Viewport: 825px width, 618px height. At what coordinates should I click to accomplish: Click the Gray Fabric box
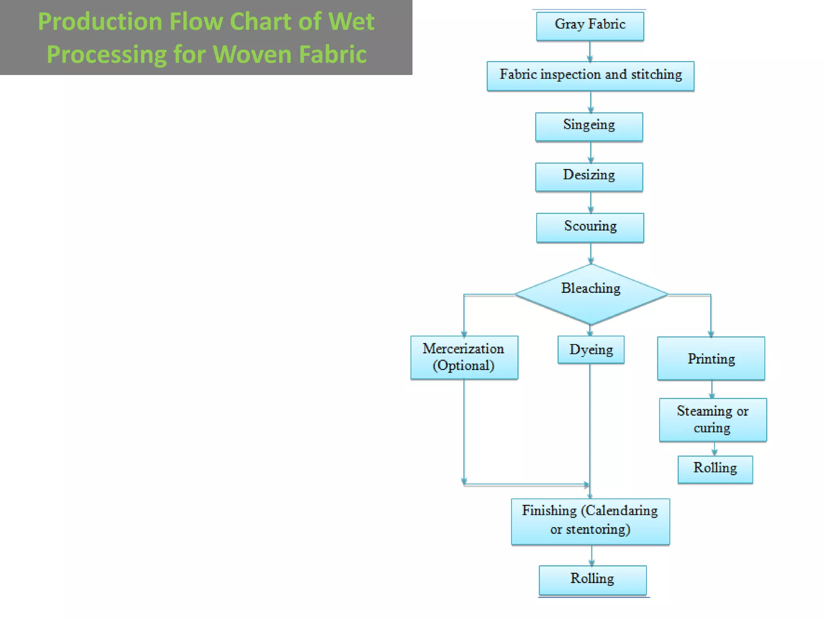tap(590, 26)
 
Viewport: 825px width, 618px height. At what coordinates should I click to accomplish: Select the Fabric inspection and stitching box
tap(590, 76)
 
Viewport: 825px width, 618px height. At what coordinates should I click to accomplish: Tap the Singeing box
tap(589, 127)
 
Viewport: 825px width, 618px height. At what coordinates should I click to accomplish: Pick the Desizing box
tap(589, 177)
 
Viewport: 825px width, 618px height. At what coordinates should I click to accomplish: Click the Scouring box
tap(590, 227)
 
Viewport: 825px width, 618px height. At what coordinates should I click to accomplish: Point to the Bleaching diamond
tap(591, 294)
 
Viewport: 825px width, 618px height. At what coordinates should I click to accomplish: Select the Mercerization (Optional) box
tap(464, 357)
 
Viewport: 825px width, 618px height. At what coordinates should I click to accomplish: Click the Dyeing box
tap(591, 350)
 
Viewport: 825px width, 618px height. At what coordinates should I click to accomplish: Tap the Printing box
tap(711, 358)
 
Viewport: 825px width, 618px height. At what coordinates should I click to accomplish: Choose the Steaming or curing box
tap(713, 420)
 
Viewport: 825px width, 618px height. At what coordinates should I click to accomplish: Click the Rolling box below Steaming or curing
tap(715, 469)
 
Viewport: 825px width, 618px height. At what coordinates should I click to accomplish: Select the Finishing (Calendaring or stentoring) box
tap(590, 521)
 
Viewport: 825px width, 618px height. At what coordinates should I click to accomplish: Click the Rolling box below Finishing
tap(593, 580)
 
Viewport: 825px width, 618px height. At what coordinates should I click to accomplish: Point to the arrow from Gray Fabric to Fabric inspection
tap(590, 51)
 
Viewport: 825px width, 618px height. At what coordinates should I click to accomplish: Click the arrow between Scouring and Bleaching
tap(591, 254)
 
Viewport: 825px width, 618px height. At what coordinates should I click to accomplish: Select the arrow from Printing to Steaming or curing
tap(712, 389)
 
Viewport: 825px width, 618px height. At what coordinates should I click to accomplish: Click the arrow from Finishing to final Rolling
tap(592, 556)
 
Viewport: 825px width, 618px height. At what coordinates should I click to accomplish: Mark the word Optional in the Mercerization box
tap(464, 366)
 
